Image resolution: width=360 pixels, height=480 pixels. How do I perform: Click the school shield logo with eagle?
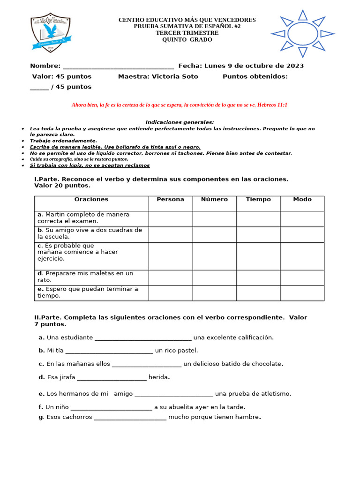(50, 33)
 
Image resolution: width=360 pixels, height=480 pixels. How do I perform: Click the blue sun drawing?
(302, 33)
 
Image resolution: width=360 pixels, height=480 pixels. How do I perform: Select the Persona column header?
(171, 200)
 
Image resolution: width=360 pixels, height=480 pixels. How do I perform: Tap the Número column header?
(214, 200)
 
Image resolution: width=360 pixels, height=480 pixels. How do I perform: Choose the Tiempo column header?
(258, 200)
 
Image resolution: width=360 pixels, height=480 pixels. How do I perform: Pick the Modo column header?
(302, 200)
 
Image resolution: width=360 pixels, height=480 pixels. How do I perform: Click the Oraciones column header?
(91, 200)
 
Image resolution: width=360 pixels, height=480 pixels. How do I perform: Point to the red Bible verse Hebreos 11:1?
(179, 105)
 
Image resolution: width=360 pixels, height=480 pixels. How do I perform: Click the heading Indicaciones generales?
(180, 122)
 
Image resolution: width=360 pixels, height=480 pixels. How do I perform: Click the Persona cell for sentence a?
(171, 218)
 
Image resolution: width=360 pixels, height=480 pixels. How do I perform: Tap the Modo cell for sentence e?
(302, 293)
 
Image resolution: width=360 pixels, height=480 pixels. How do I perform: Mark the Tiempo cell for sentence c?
(258, 256)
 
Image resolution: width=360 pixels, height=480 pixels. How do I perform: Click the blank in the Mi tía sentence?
(109, 351)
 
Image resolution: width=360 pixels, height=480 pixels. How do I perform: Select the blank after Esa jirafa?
(112, 378)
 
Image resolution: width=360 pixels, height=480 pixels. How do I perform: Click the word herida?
(158, 377)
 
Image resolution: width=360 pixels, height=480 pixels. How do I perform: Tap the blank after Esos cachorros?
(130, 417)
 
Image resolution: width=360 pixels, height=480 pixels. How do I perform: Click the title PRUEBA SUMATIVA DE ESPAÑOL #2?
(187, 27)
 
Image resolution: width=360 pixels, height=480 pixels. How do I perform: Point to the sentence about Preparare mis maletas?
(85, 277)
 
